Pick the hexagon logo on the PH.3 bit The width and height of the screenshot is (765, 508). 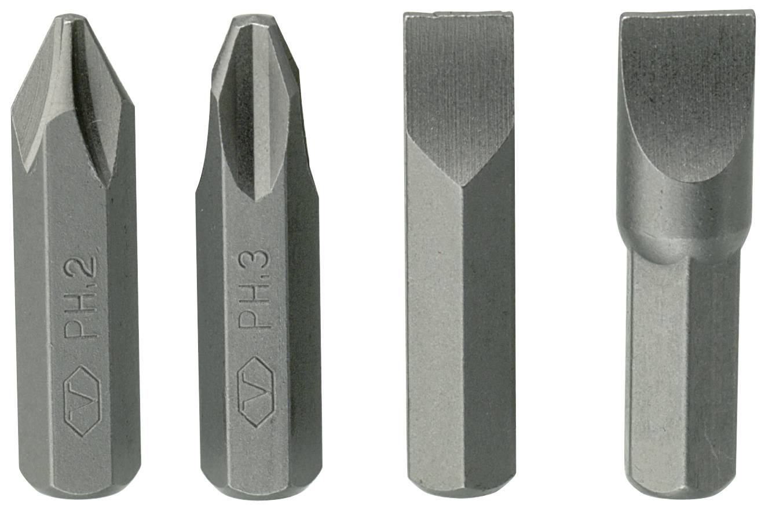click(x=256, y=392)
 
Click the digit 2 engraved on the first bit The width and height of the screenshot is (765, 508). click(x=83, y=264)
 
